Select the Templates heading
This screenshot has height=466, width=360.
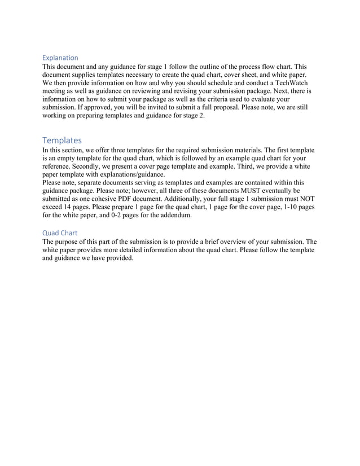[62, 140]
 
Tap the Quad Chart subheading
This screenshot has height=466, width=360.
[60, 232]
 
